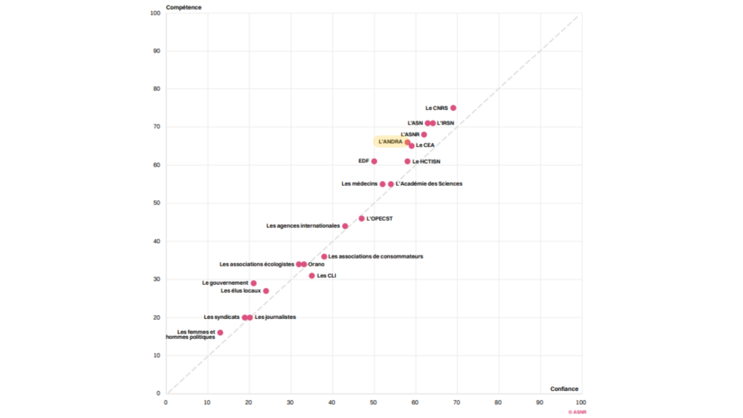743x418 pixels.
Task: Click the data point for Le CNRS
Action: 453,108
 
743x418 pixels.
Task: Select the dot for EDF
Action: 374,162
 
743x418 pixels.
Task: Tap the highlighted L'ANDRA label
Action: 390,142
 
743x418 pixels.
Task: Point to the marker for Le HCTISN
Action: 408,162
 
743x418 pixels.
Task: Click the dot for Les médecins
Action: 382,184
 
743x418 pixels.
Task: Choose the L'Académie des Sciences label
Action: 429,184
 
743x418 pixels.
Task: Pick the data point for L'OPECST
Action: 361,219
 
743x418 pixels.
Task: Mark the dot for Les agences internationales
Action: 345,226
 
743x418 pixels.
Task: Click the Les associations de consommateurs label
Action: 375,257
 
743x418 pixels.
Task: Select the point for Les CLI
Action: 312,276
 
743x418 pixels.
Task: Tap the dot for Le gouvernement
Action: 253,283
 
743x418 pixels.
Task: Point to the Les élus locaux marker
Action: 266,291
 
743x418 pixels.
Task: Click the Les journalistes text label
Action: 275,317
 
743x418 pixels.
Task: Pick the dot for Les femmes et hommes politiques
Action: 220,333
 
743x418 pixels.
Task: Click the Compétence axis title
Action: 183,7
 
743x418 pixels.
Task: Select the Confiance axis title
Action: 564,389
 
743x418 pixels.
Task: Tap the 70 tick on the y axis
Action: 156,127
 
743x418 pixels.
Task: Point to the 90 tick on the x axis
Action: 539,403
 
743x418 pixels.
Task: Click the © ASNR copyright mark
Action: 577,413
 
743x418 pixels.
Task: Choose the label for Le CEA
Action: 425,146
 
